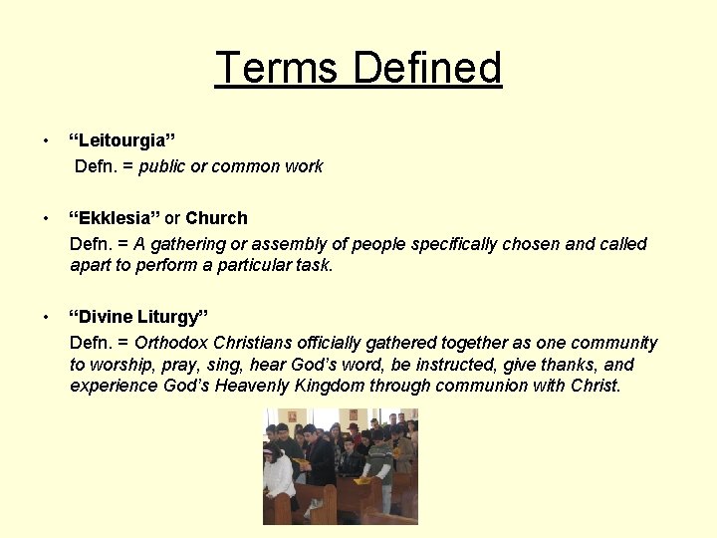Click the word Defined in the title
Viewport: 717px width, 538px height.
pos(427,68)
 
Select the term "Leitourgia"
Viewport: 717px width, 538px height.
pos(121,139)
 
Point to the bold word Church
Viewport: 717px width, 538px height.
pos(216,217)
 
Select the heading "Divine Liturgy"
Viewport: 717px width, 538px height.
pos(137,317)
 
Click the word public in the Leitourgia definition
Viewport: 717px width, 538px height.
pos(162,166)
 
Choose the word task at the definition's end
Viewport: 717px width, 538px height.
pos(313,266)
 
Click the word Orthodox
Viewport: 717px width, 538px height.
pos(170,343)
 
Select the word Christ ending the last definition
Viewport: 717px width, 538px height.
pos(596,387)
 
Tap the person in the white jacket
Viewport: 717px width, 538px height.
pos(280,478)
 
